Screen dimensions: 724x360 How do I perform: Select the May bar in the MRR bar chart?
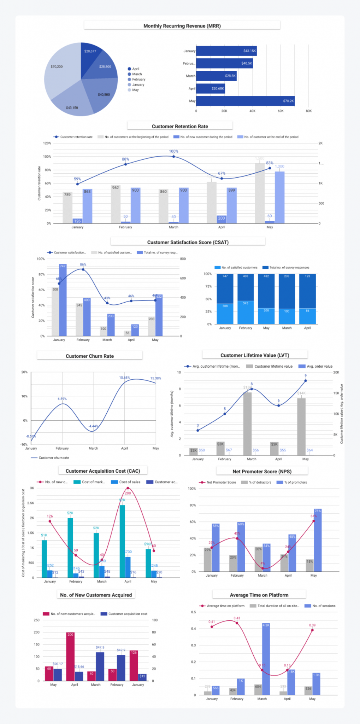[x=245, y=101]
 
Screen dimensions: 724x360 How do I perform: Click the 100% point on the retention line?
[x=173, y=156]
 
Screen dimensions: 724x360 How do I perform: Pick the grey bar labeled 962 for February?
[x=116, y=205]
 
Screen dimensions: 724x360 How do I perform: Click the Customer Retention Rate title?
[x=180, y=126]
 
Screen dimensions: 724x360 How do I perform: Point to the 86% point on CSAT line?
[x=83, y=269]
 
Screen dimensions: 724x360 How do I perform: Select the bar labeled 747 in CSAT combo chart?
[x=63, y=300]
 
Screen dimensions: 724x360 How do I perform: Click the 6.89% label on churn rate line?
[x=62, y=399]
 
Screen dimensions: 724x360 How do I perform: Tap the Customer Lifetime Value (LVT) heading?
[x=255, y=355]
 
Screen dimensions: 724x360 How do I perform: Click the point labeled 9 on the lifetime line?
[x=306, y=381]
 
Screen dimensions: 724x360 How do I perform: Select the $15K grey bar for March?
[x=248, y=424]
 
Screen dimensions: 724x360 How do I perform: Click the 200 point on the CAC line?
[x=128, y=488]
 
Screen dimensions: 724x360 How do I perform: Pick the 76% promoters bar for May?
[x=318, y=541]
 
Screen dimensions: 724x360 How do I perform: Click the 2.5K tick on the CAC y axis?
[x=30, y=503]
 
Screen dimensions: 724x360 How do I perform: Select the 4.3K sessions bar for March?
[x=266, y=659]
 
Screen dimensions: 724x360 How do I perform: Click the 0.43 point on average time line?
[x=237, y=623]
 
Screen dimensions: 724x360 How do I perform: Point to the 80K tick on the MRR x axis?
[x=309, y=111]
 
